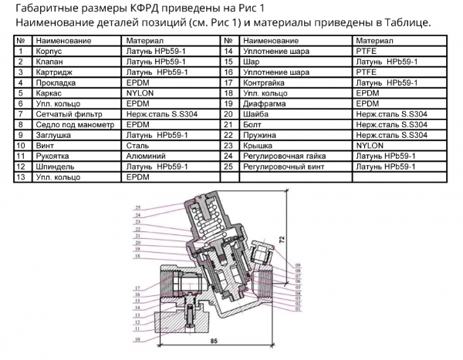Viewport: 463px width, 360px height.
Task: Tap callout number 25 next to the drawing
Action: point(137,209)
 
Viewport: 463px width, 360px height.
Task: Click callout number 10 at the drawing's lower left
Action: point(137,338)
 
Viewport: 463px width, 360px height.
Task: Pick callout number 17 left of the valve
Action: point(137,288)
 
